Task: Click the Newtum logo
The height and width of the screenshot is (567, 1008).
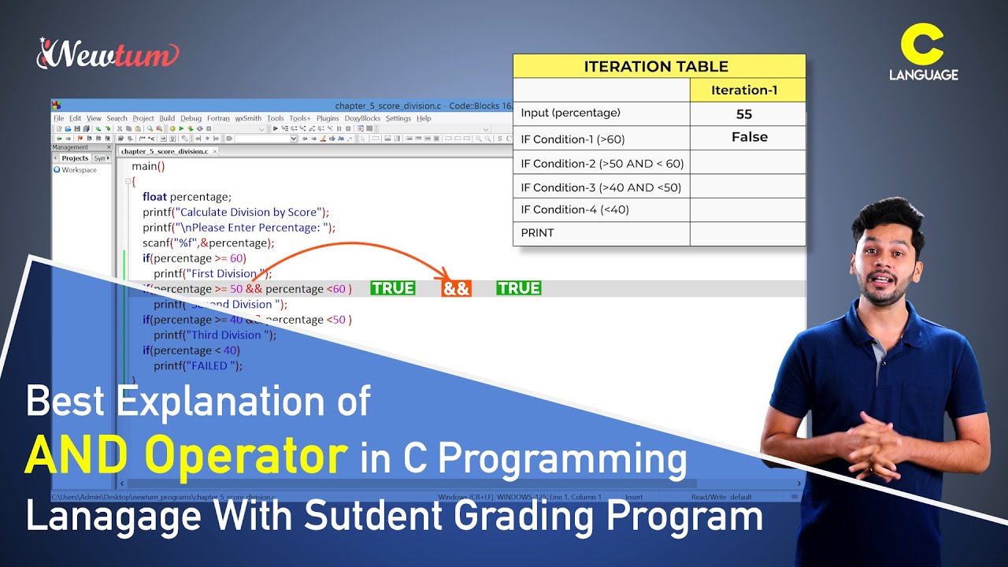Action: [x=109, y=54]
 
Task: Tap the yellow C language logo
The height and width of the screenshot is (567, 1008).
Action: [x=923, y=55]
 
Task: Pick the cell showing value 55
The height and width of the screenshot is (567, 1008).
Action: [x=744, y=114]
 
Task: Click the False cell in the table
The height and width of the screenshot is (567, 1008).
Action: [x=749, y=137]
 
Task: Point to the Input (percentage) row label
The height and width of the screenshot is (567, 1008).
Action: [x=571, y=113]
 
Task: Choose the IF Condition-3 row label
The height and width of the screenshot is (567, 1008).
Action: [x=601, y=187]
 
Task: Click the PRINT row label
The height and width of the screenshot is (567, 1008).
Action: [x=537, y=233]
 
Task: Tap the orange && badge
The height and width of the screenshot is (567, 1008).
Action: [x=456, y=288]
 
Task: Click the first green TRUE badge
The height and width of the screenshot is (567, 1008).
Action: [x=393, y=288]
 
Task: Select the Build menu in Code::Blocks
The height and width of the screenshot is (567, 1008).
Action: [x=167, y=119]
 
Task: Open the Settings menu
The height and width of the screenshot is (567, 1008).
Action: [x=398, y=119]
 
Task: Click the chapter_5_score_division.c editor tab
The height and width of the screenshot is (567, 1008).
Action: [x=165, y=151]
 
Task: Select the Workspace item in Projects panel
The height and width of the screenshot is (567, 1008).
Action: [x=79, y=170]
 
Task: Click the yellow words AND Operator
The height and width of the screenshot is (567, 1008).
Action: [x=186, y=455]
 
